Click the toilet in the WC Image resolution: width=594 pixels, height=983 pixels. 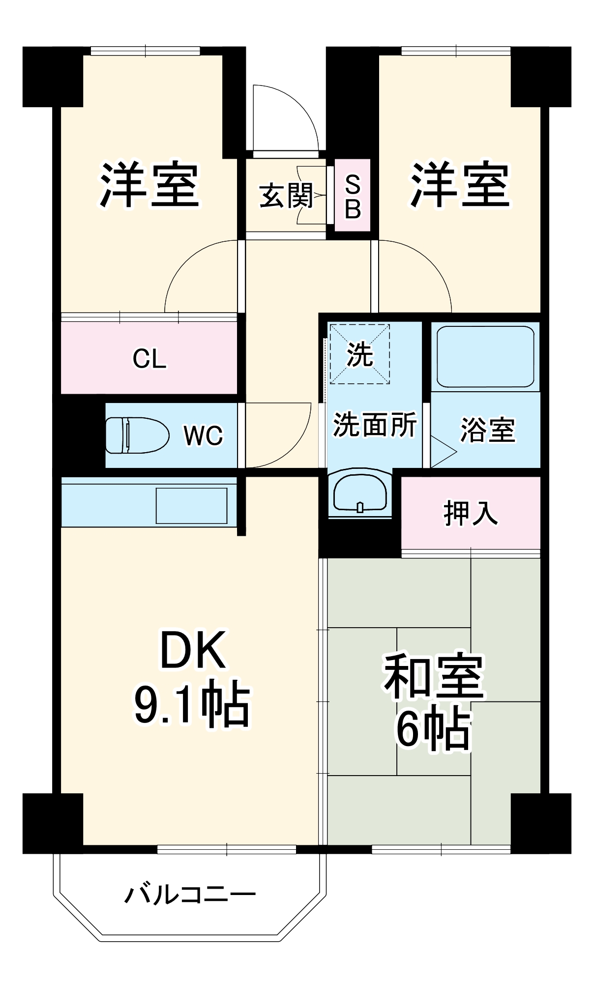pyautogui.click(x=137, y=435)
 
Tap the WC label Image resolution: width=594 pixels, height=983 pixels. pyautogui.click(x=203, y=435)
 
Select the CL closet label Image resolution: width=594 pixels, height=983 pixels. pyautogui.click(x=149, y=359)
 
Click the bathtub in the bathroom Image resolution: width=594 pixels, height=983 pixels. pyautogui.click(x=485, y=356)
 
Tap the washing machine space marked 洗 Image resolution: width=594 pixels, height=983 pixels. pyautogui.click(x=359, y=353)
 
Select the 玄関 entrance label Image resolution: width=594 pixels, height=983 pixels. pyautogui.click(x=286, y=196)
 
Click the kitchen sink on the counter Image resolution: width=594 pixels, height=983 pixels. pyautogui.click(x=191, y=506)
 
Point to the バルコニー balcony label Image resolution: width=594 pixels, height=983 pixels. pyautogui.click(x=190, y=894)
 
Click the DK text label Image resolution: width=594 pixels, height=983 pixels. pyautogui.click(x=193, y=650)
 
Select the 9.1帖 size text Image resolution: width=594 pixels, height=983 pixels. pyautogui.click(x=192, y=703)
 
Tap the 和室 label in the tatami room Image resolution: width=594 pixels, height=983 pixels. pyautogui.click(x=434, y=677)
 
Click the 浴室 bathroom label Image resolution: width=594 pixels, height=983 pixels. pyautogui.click(x=487, y=430)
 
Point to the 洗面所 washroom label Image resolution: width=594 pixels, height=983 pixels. pyautogui.click(x=375, y=425)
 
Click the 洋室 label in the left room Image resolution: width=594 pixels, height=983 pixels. pyautogui.click(x=149, y=185)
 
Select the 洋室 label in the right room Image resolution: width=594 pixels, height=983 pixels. pyautogui.click(x=460, y=185)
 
